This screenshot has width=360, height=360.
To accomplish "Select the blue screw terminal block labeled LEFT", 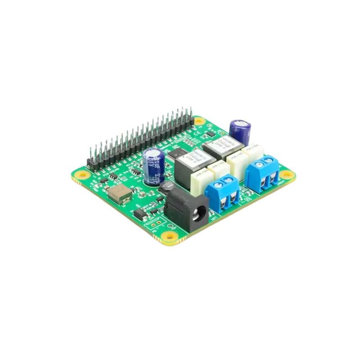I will point(222,191).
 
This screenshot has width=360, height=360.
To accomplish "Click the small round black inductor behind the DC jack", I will point(168,187).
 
